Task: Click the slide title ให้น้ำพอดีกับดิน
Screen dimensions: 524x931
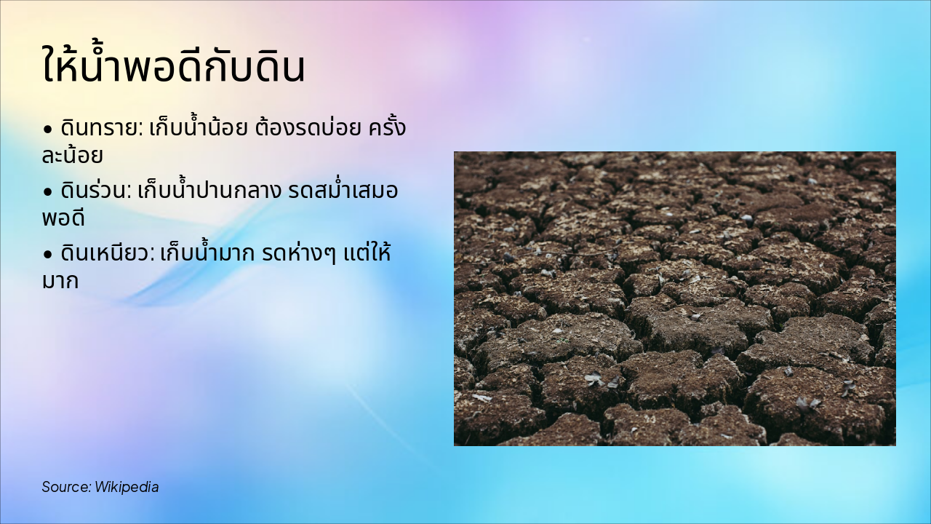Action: [x=173, y=67]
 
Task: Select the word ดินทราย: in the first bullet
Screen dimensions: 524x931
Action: [x=100, y=130]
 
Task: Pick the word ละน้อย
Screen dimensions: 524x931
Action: [x=72, y=156]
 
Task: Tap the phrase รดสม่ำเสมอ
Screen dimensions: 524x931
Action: [x=343, y=192]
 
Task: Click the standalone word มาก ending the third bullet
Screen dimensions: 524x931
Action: [x=60, y=281]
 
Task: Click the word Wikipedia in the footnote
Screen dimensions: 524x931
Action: [x=127, y=487]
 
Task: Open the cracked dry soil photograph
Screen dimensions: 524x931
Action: [x=674, y=298]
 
